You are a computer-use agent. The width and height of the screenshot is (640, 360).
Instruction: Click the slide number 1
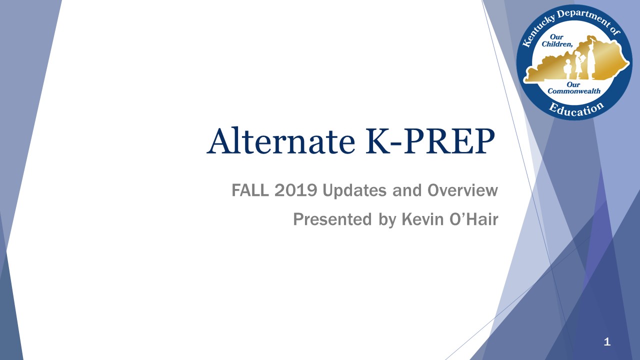(x=607, y=342)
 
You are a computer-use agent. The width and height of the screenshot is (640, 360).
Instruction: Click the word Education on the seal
(x=576, y=108)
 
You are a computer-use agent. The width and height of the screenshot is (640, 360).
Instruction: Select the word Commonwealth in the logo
(x=574, y=91)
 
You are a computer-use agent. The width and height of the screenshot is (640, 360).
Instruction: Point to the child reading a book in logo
(x=579, y=64)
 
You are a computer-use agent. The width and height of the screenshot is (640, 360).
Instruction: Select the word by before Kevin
(x=386, y=220)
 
